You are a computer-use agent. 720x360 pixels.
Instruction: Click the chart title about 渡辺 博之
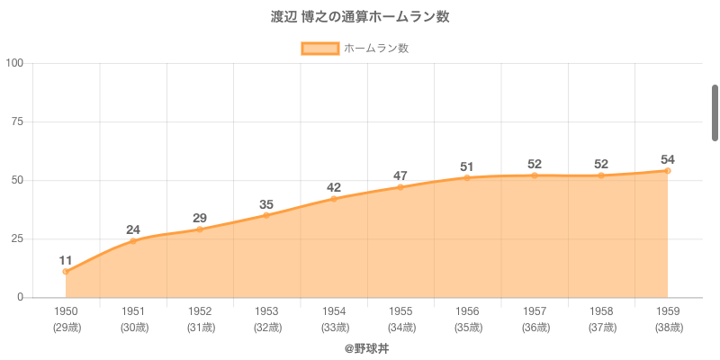click(360, 17)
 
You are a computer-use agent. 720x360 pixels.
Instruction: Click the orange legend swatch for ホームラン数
click(319, 49)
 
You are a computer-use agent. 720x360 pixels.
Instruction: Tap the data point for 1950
click(66, 271)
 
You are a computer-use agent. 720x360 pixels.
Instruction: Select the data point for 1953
click(266, 215)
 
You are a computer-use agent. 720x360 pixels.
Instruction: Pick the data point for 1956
click(467, 177)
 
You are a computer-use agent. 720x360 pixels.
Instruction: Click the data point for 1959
click(668, 170)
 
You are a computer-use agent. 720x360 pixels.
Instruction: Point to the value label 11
click(66, 260)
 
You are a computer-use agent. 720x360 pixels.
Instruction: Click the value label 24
click(133, 229)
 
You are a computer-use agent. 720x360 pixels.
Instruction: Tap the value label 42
click(334, 187)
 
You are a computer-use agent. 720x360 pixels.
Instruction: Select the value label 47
click(400, 175)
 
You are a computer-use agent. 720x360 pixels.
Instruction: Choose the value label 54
click(668, 159)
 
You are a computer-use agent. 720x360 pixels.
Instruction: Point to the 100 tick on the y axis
click(14, 63)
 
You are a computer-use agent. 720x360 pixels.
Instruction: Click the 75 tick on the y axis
click(17, 121)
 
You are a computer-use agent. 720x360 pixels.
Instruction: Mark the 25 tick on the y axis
click(17, 238)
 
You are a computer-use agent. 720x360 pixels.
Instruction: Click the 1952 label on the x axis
click(200, 311)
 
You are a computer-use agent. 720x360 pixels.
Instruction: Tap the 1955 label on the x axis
click(400, 311)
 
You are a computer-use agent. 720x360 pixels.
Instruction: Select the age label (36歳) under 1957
click(535, 328)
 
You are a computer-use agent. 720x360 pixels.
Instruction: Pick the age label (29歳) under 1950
click(66, 328)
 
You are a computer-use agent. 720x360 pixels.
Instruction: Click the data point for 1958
click(601, 175)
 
